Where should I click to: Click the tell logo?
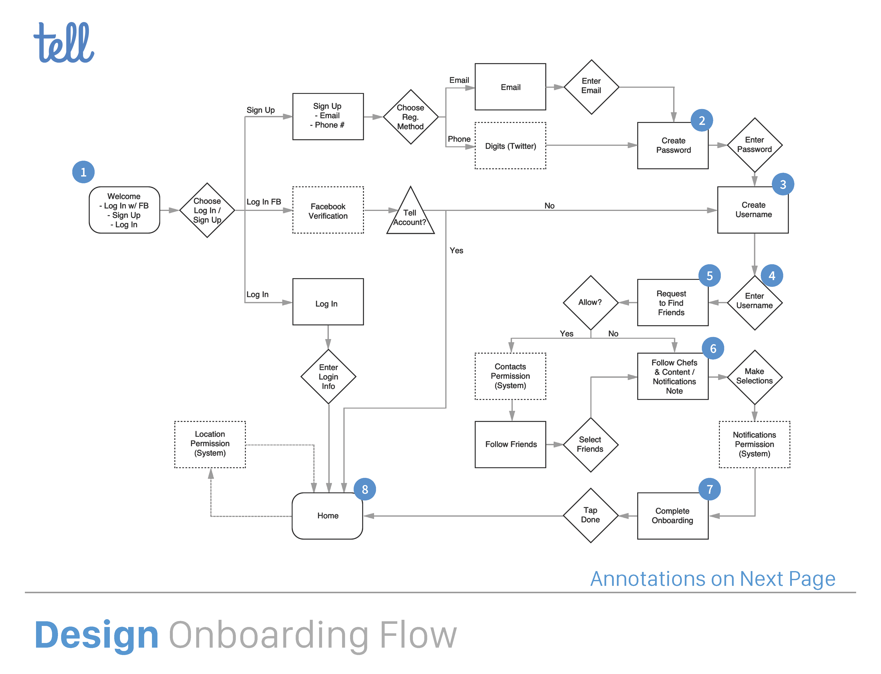pyautogui.click(x=64, y=43)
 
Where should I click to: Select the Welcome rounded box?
pyautogui.click(x=124, y=210)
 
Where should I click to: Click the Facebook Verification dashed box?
pyautogui.click(x=328, y=210)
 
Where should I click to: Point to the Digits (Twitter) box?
pyautogui.click(x=510, y=146)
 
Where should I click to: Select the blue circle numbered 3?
pyautogui.click(x=783, y=184)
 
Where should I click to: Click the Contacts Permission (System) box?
pyautogui.click(x=510, y=376)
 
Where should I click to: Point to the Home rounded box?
pyautogui.click(x=328, y=516)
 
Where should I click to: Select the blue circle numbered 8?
pyautogui.click(x=365, y=489)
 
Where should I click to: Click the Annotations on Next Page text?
pyautogui.click(x=713, y=579)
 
